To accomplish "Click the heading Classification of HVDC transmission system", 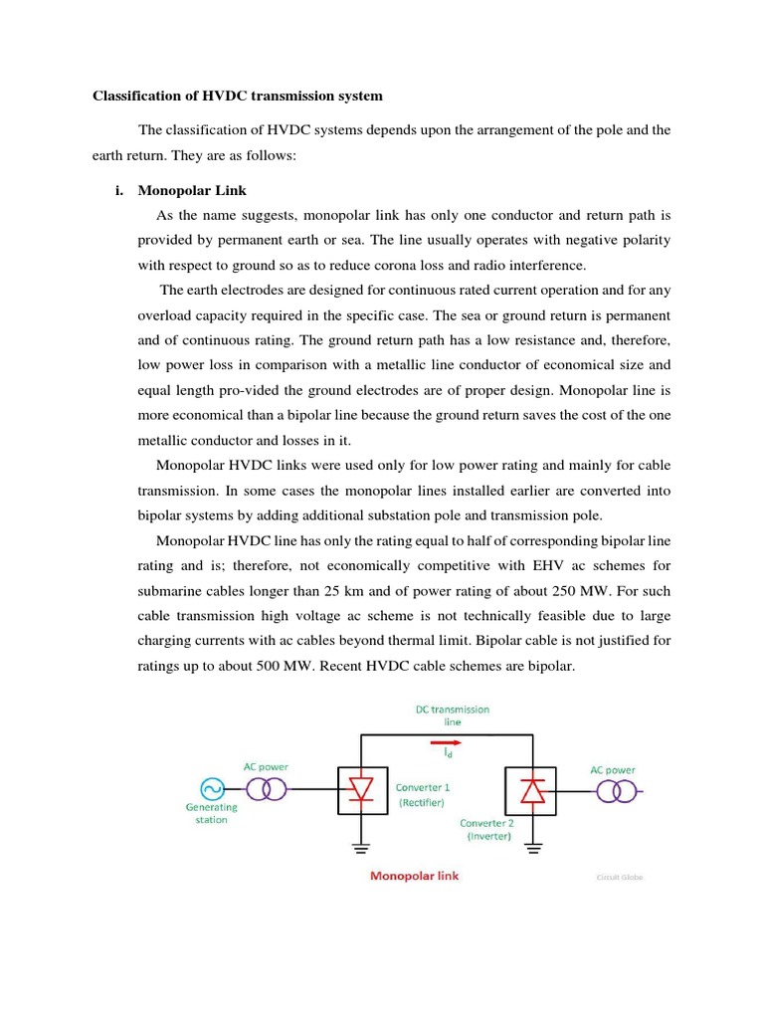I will point(237,97).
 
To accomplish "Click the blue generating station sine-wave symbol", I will point(211,789).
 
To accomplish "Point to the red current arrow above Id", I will point(447,741).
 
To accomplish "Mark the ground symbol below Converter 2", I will point(533,848).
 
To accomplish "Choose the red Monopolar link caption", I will point(415,877).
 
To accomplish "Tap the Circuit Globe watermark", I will point(619,878).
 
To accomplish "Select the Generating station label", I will point(211,814).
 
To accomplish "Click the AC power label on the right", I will point(613,769).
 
